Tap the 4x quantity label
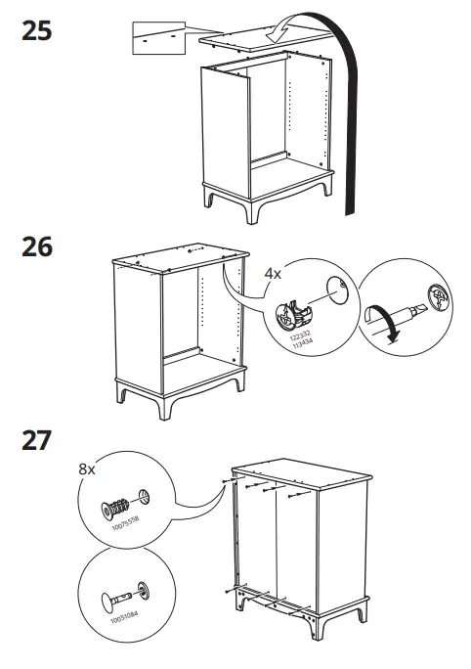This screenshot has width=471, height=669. [x=274, y=275]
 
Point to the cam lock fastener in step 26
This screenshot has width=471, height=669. [x=294, y=312]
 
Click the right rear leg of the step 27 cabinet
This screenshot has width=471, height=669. [x=363, y=610]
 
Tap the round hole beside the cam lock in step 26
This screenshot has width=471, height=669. [x=334, y=287]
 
